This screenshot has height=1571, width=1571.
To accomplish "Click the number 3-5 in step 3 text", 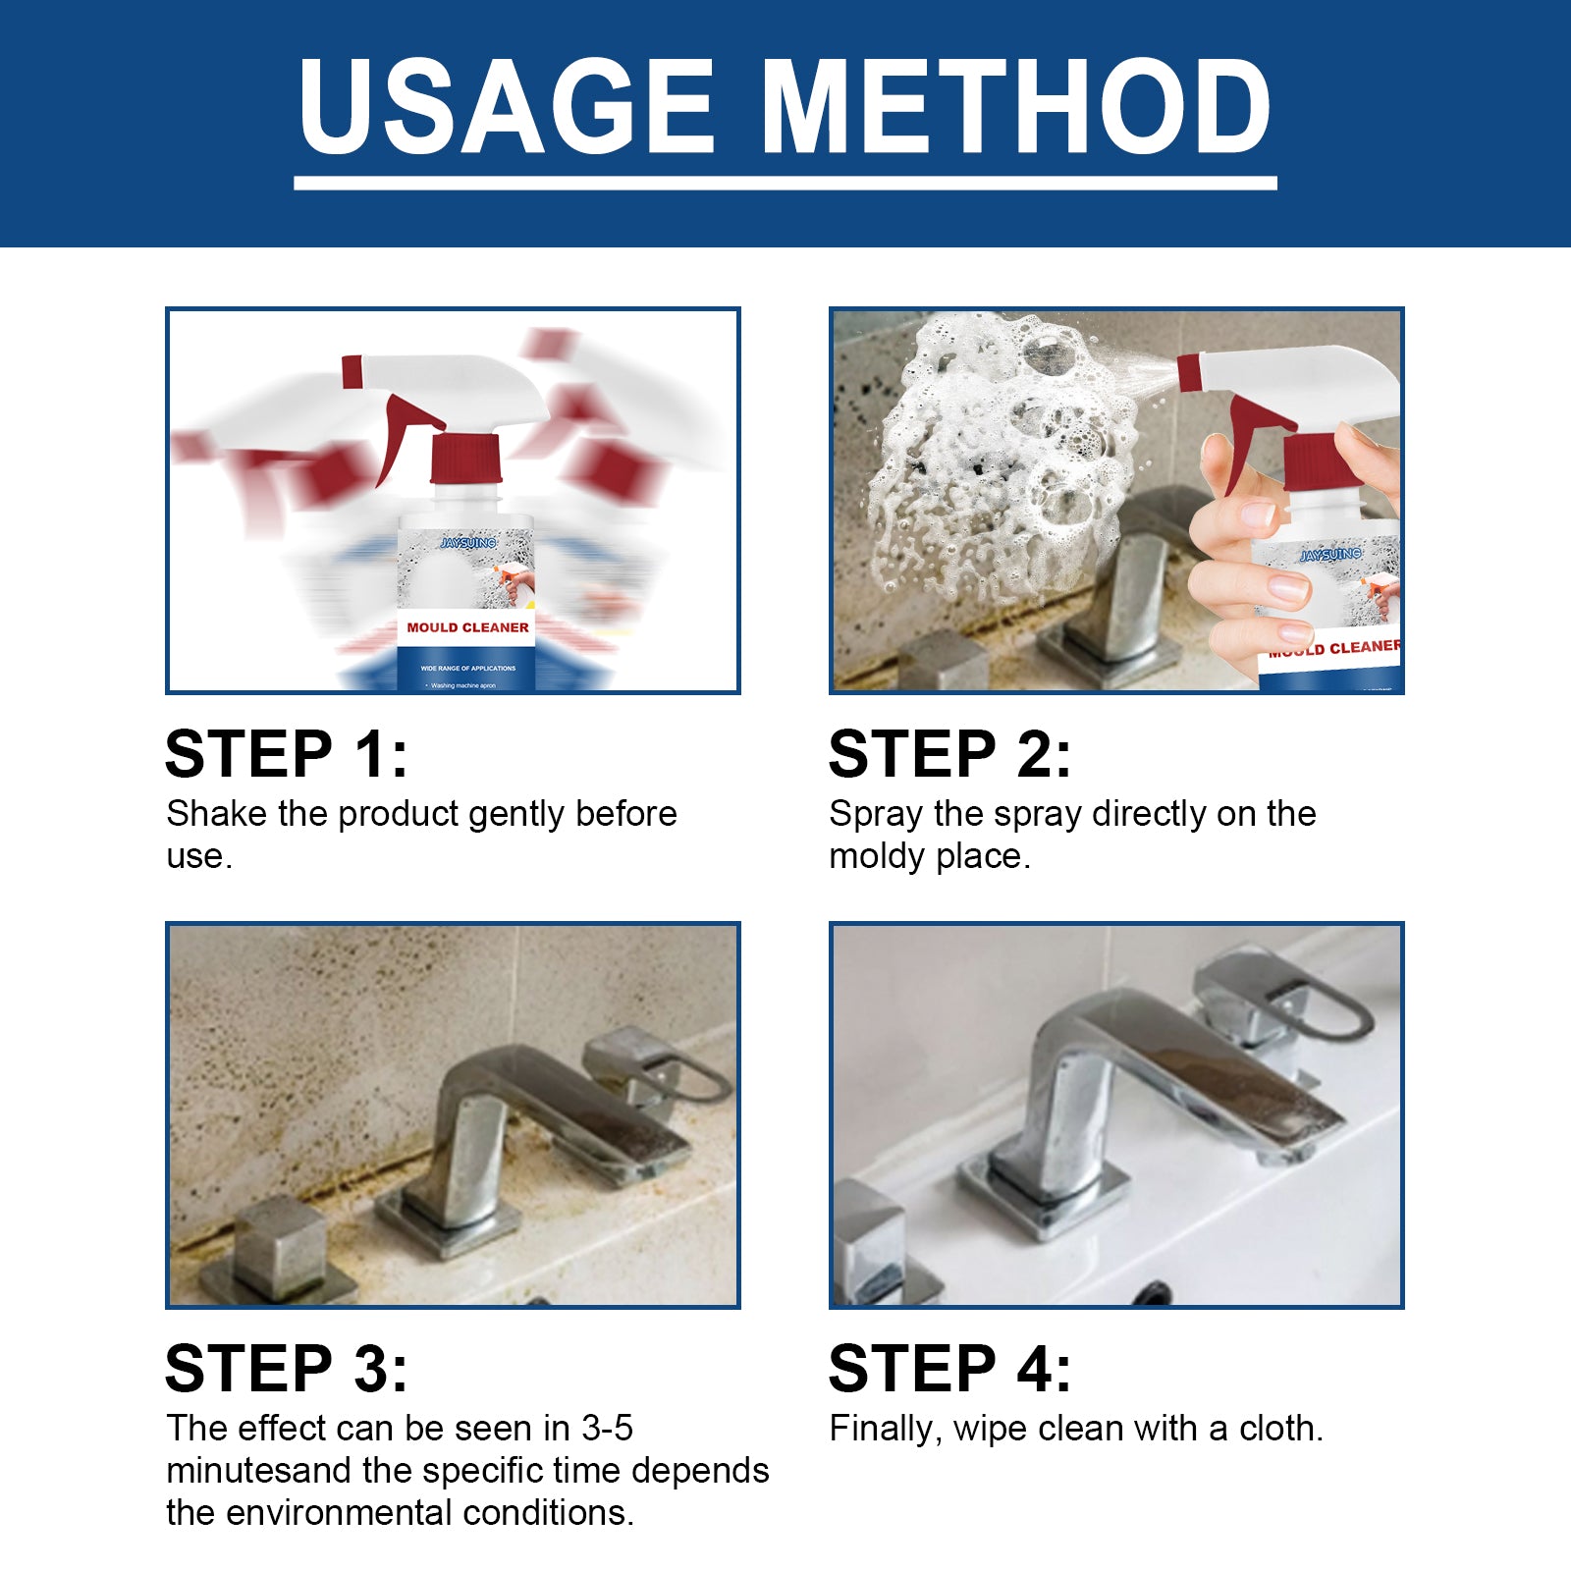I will click(606, 1428).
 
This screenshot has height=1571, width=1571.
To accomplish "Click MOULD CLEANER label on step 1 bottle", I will click(467, 627).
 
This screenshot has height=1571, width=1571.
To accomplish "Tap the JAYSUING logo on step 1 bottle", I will click(468, 543).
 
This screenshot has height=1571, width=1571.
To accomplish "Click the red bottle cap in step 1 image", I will click(466, 459).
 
